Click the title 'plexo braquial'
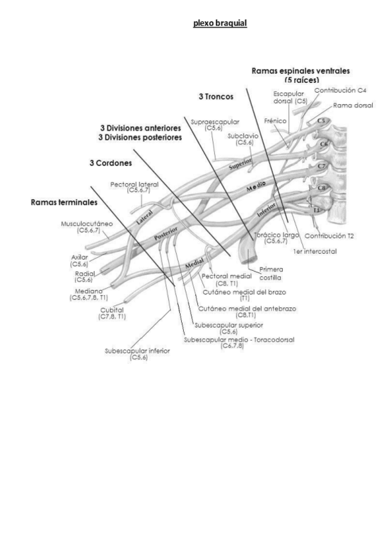[x=220, y=23]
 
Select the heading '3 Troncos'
[x=215, y=96]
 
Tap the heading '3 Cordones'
[x=111, y=163]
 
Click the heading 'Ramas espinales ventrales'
[x=305, y=71]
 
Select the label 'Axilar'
[x=79, y=257]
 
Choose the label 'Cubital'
[x=111, y=310]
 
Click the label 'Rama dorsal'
[x=353, y=105]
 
